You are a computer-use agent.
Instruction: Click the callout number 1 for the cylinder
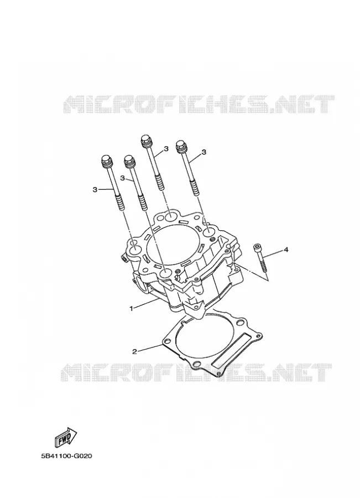coord(131,308)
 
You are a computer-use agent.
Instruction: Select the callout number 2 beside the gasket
coord(134,351)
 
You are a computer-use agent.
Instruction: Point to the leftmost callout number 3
coord(95,190)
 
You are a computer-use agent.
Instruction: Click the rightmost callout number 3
coord(204,152)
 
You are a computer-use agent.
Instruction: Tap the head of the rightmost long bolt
coord(181,146)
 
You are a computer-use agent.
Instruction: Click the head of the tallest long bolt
coord(145,141)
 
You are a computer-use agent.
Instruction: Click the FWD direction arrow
coord(66,438)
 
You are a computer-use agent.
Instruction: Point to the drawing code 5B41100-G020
coord(66,456)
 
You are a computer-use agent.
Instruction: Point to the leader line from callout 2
coord(149,348)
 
